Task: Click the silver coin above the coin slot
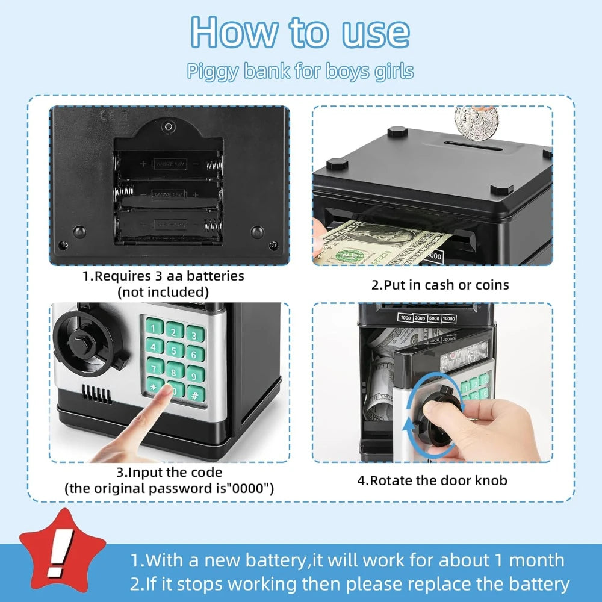[x=476, y=123]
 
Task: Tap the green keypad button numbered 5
[x=175, y=349]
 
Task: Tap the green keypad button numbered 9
[x=196, y=374]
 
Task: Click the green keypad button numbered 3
[x=195, y=334]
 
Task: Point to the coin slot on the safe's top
[x=473, y=146]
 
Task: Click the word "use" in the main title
[x=376, y=33]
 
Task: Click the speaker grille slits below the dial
[x=96, y=394]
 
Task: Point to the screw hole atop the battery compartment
[x=168, y=126]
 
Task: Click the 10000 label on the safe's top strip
[x=449, y=318]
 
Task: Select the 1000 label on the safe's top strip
[x=406, y=317]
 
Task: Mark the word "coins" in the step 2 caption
[x=492, y=285]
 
